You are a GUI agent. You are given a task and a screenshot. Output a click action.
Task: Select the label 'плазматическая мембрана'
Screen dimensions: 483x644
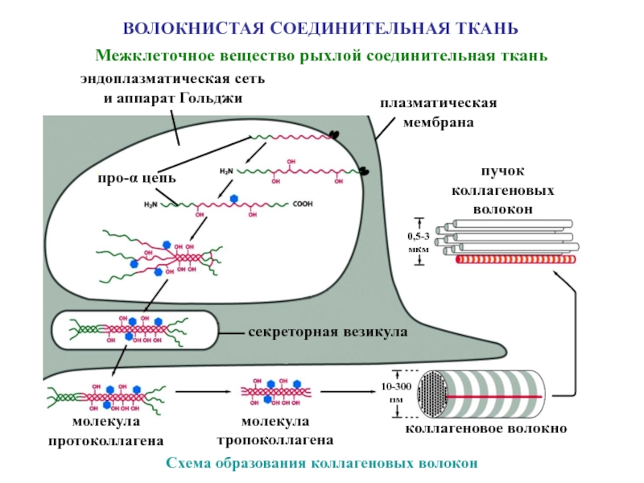pyautogui.click(x=439, y=114)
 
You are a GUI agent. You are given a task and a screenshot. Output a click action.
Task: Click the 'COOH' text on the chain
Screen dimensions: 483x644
pyautogui.click(x=303, y=204)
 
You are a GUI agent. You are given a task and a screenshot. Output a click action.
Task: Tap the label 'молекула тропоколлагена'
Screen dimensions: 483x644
pyautogui.click(x=275, y=431)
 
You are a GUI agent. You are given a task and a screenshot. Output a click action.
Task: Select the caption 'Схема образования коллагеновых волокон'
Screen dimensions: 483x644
pyautogui.click(x=322, y=464)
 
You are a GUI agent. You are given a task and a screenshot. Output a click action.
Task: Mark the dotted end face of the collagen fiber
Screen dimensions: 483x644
pyautogui.click(x=439, y=394)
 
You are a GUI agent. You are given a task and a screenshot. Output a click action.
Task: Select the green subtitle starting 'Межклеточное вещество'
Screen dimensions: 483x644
pyautogui.click(x=322, y=56)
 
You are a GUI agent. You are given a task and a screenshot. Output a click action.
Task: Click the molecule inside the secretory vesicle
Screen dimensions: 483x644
pyautogui.click(x=133, y=330)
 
